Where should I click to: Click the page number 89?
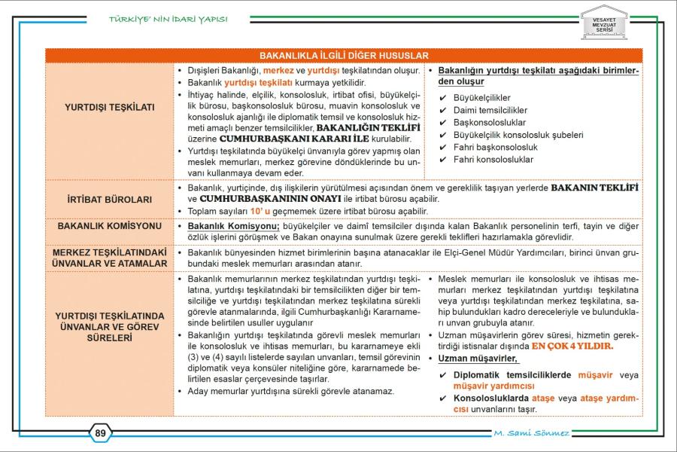tap(100, 432)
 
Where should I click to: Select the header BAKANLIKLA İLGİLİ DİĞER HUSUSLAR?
tap(344, 56)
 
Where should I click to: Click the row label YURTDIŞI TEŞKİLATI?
tap(110, 107)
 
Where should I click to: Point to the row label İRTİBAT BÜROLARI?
tap(110, 200)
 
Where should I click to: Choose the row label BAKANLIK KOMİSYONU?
tap(110, 225)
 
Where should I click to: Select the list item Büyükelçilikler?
tap(481, 98)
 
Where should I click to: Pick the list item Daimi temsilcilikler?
tap(490, 110)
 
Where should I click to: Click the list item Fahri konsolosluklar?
tap(493, 160)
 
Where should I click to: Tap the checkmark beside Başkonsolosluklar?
tap(443, 123)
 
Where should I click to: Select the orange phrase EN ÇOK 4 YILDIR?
tap(572, 347)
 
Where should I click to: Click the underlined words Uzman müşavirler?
tap(478, 359)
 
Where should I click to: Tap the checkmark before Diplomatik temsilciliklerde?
tap(443, 374)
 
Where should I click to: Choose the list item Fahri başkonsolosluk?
tap(495, 147)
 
